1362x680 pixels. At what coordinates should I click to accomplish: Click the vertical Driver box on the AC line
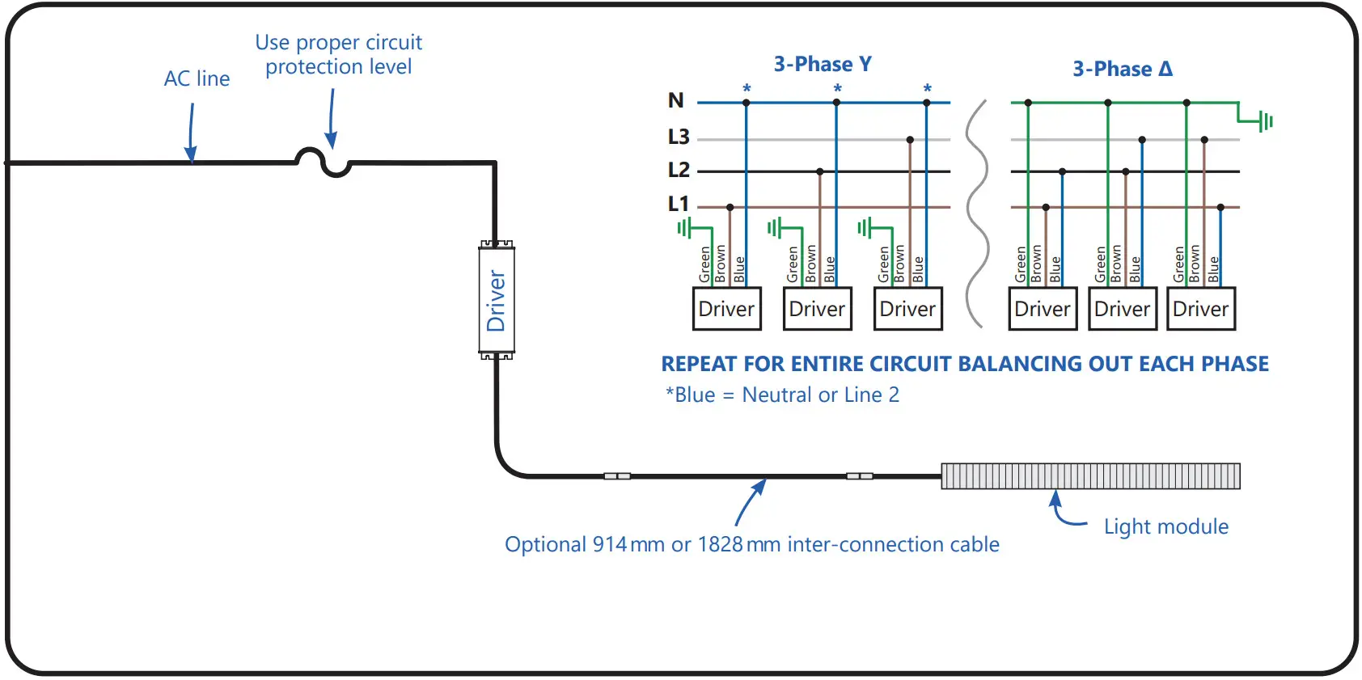496,300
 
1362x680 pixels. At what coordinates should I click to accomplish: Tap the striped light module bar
1091,475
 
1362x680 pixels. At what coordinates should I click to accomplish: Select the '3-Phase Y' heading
823,64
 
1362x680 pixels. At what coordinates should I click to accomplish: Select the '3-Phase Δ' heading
1123,69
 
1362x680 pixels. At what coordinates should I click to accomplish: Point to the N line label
675,100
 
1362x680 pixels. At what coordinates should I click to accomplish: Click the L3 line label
679,137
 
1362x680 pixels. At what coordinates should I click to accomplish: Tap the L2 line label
679,170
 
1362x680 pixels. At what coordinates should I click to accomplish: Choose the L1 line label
678,204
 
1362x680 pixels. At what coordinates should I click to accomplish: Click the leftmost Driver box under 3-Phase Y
726,309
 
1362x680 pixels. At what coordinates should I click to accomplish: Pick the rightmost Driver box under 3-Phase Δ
1201,309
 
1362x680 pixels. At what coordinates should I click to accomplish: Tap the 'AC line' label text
197,78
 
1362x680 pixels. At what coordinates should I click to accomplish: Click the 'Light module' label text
1166,526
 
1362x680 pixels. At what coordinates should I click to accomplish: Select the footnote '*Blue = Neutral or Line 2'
782,395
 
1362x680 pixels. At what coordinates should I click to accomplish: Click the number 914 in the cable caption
609,544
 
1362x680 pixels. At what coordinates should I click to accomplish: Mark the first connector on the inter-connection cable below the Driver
617,475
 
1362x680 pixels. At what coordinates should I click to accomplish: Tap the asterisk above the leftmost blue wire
747,88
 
